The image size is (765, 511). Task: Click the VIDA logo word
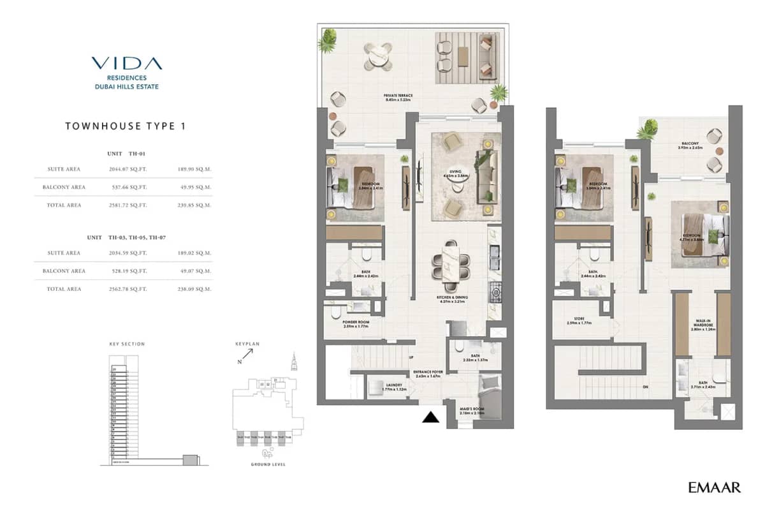click(126, 63)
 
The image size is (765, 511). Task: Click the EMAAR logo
click(715, 488)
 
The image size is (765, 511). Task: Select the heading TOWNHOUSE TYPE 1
click(126, 126)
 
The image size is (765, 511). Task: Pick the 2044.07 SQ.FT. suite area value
click(128, 169)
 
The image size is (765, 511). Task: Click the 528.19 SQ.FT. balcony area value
click(128, 271)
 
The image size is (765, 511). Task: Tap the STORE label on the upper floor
click(579, 320)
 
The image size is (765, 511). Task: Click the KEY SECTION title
click(127, 344)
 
